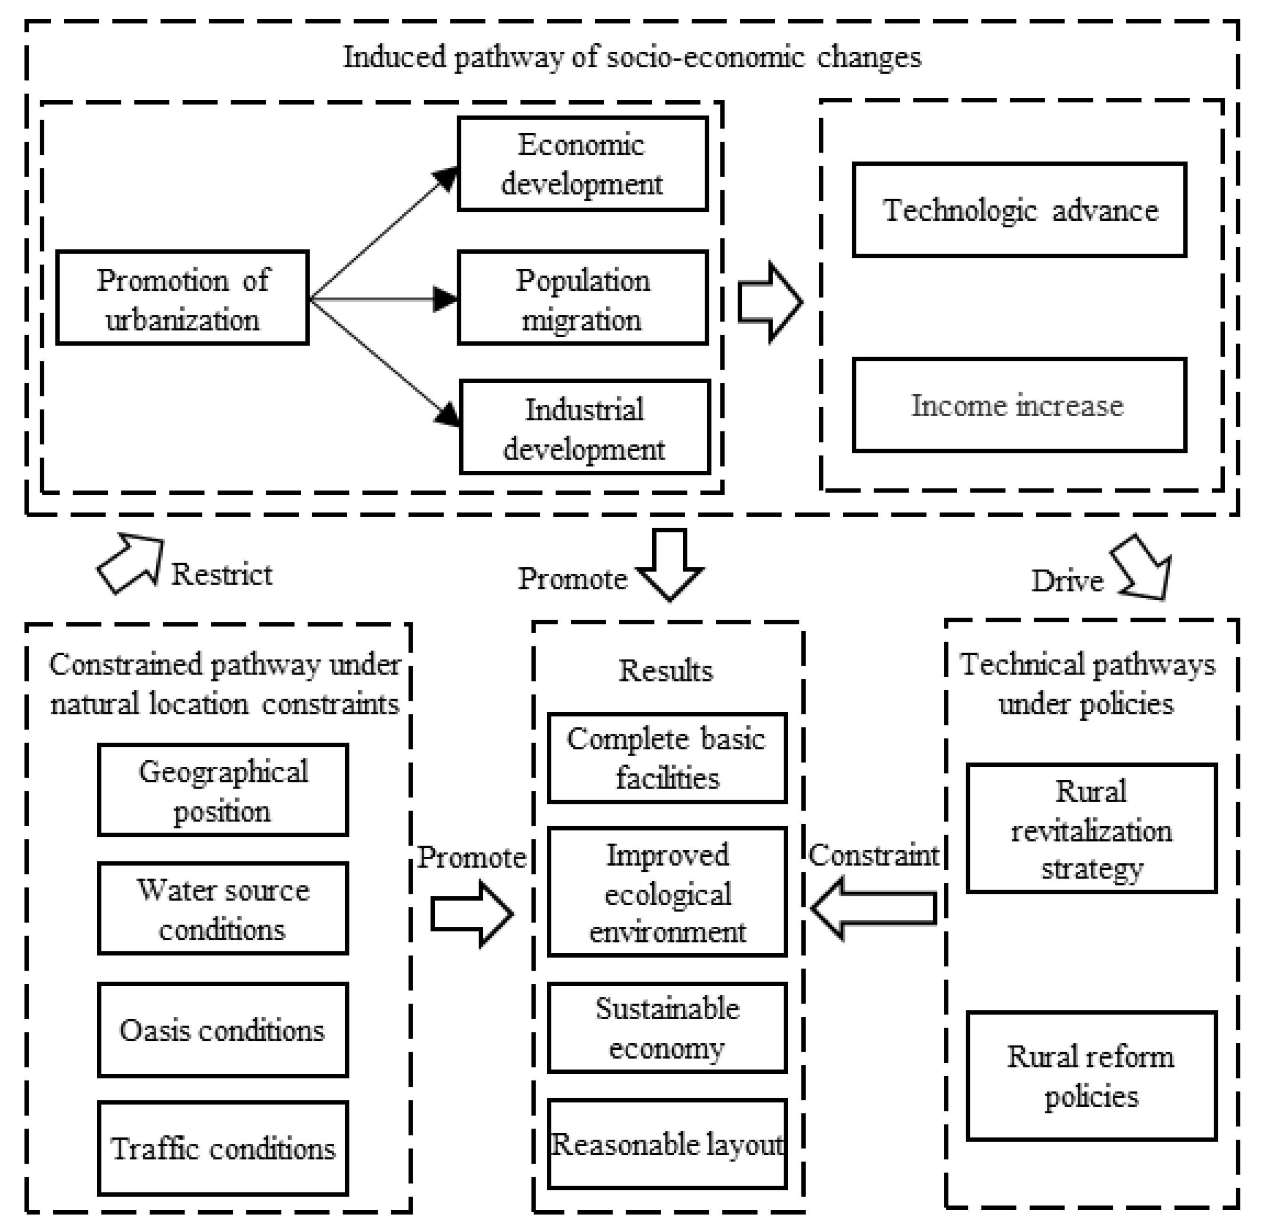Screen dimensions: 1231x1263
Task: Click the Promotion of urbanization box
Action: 182,298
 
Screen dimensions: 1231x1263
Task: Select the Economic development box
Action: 583,163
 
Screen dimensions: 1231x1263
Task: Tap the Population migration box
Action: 583,298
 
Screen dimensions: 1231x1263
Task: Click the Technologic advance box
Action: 1019,210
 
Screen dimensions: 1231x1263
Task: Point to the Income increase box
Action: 1019,405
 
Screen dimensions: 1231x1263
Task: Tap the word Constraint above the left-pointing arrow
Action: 873,855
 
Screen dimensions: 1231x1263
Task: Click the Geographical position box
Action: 223,790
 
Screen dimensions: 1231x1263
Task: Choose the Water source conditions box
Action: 223,909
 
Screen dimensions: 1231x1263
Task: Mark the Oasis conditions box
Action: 223,1030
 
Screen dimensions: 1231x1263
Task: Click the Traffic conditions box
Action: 223,1149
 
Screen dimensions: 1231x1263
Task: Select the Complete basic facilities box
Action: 667,758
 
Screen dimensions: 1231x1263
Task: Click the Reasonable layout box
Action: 667,1144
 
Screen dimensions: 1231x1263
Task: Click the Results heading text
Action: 666,670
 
